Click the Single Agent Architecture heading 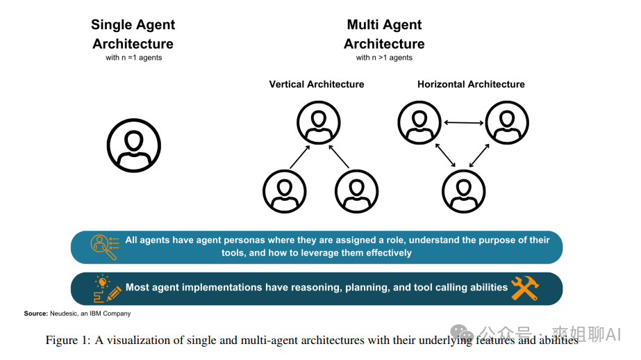coord(133,34)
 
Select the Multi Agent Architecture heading coord(384,34)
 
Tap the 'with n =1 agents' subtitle coord(133,58)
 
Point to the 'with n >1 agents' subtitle coord(384,58)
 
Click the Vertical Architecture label coord(317,84)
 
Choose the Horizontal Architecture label coord(471,84)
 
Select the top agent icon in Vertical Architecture coord(319,123)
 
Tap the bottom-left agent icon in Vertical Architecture coord(284,192)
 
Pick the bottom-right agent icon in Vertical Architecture coord(356,192)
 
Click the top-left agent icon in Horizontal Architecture coord(419,123)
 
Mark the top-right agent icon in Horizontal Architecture coord(508,123)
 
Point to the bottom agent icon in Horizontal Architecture coord(464,192)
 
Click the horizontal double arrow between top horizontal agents coord(464,123)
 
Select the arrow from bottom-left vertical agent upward coord(299,158)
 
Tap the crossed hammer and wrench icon coord(525,288)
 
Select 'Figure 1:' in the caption coord(67,340)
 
